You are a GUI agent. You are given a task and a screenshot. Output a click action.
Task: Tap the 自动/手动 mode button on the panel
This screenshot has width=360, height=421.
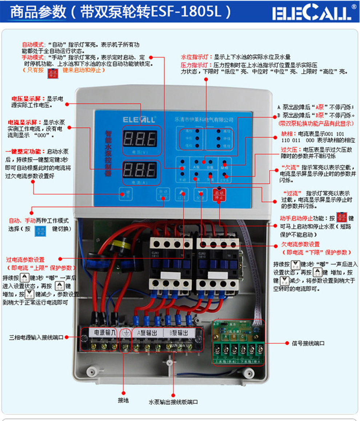pyautogui.click(x=162, y=195)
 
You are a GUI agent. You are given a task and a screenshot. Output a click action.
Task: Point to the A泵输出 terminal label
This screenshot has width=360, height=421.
pyautogui.click(x=148, y=332)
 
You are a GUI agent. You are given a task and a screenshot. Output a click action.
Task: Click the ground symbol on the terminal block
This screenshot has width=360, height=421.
pyautogui.click(x=125, y=332)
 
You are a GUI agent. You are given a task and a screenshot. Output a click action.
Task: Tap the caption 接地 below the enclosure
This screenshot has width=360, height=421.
pyautogui.click(x=123, y=400)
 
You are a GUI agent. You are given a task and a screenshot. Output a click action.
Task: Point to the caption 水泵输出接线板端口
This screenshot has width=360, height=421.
pyautogui.click(x=173, y=402)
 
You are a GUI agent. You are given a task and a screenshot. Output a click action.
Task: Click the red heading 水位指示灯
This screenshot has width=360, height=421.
pyautogui.click(x=196, y=57)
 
